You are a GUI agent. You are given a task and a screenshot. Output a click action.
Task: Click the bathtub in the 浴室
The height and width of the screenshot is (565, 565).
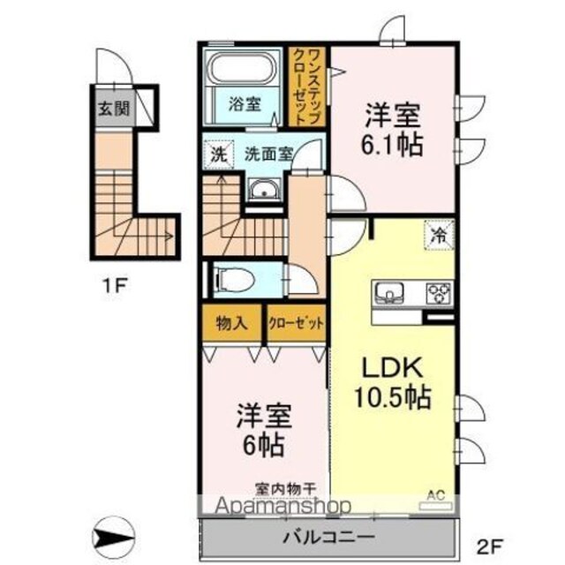241,71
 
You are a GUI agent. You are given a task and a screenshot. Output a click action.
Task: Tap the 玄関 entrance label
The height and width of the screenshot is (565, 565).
114,108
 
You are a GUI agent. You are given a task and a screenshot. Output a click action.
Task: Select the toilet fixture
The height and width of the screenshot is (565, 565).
234,280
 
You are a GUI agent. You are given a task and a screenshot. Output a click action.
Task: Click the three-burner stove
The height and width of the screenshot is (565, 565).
439,293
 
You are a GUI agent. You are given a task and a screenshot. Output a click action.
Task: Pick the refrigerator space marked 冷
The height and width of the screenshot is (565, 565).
439,235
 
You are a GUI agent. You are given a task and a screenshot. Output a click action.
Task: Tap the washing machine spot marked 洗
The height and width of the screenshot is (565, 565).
219,154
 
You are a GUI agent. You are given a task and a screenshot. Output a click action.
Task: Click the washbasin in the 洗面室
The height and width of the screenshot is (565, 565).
264,189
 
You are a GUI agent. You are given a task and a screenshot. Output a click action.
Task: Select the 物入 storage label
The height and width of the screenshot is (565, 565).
231,323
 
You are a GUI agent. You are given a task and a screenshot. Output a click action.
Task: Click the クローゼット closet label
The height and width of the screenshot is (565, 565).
297,323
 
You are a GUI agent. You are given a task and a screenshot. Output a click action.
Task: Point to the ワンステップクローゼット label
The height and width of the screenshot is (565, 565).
307,87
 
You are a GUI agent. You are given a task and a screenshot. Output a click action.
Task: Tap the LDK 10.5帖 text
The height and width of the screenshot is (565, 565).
393,382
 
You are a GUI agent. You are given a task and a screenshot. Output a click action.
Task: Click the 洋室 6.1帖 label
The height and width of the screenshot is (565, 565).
392,130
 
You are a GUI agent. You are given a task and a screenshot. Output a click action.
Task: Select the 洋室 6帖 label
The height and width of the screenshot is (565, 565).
264,431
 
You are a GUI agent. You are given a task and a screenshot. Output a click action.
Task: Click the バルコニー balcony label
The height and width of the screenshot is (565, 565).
328,538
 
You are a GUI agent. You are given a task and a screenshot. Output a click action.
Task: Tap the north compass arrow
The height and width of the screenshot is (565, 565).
113,539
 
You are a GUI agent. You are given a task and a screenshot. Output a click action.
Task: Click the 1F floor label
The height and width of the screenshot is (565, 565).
115,286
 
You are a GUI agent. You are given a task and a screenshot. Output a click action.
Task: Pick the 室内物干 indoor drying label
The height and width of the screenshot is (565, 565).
286,489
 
